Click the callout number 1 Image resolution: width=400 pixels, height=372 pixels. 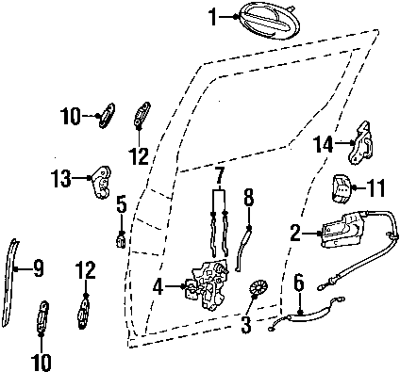tap(213, 17)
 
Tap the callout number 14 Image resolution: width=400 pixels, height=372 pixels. tap(323, 144)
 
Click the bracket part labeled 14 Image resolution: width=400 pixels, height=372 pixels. tap(360, 142)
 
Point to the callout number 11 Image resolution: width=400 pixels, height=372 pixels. tap(375, 188)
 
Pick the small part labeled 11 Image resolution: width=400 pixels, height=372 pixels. tap(341, 188)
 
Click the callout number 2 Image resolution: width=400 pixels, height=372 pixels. tap(295, 233)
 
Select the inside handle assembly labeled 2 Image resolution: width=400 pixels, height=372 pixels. tap(342, 231)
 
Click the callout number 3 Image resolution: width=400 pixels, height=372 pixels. tap(246, 325)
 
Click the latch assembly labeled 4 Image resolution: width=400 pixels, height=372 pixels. tap(210, 284)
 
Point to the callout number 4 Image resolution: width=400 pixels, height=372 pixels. tap(158, 287)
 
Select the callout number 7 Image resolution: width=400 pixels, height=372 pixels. tap(220, 175)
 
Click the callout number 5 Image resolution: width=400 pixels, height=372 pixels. tap(122, 204)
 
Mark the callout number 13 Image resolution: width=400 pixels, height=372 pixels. tap(61, 178)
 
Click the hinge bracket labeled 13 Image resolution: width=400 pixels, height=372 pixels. tap(101, 182)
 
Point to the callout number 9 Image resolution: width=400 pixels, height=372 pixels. tap(38, 268)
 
